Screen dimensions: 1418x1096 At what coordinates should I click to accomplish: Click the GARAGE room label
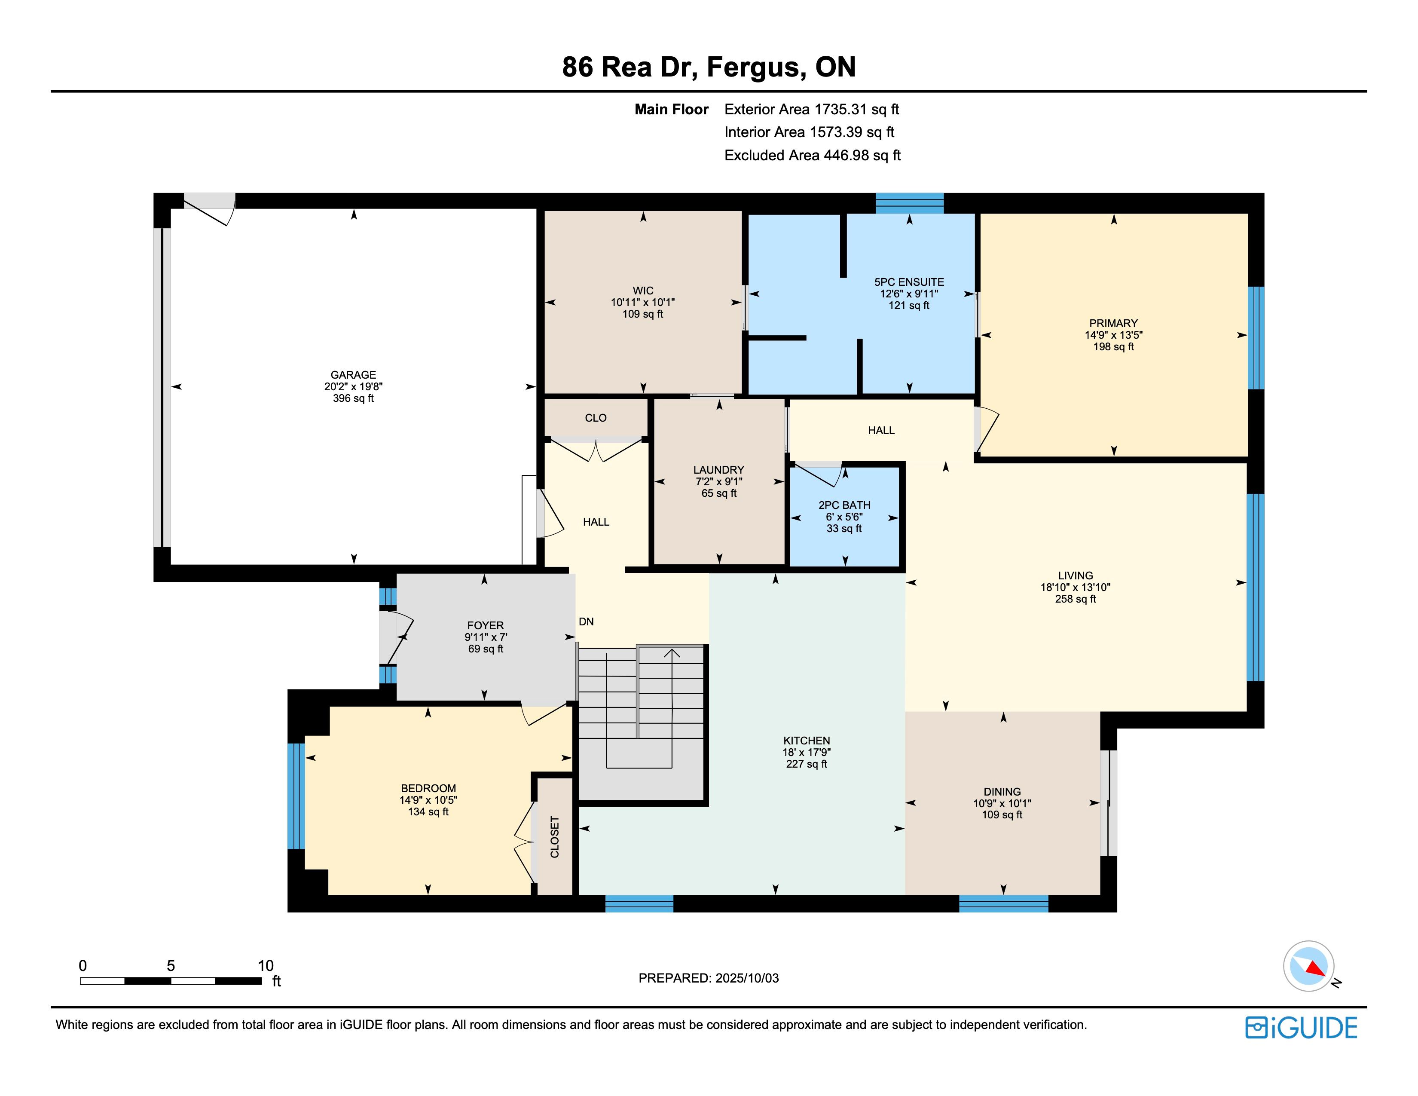(x=353, y=375)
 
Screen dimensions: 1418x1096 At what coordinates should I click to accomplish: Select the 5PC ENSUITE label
(x=909, y=282)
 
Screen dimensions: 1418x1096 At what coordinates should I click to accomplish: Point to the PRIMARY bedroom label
(x=1113, y=323)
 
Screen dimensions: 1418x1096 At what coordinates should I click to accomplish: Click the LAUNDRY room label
(x=719, y=469)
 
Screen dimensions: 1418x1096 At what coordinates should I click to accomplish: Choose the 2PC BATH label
(x=844, y=505)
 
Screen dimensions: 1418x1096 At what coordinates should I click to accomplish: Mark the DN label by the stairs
(x=586, y=621)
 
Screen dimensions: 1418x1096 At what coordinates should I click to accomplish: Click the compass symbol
(x=1309, y=965)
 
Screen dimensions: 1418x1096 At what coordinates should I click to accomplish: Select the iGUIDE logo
(x=1301, y=1028)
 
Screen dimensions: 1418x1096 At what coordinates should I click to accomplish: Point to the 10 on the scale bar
(x=266, y=965)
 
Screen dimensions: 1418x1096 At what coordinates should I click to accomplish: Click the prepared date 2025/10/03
(x=747, y=978)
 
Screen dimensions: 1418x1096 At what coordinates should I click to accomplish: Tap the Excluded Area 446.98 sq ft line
(x=812, y=155)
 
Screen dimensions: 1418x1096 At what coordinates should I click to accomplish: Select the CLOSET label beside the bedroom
(x=554, y=837)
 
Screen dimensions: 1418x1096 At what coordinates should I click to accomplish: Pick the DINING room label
(x=1002, y=791)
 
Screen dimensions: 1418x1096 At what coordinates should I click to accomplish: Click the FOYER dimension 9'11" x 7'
(x=485, y=637)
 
